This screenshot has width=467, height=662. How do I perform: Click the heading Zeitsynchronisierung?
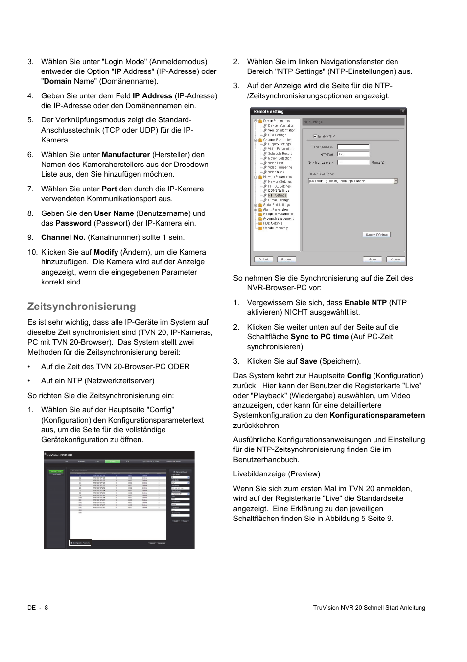click(81, 307)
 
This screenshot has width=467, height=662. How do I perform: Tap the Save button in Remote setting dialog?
click(373, 260)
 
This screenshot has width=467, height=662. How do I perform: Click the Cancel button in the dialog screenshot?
click(396, 260)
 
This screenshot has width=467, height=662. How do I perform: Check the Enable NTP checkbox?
click(315, 136)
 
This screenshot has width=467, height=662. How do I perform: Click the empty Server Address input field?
click(353, 147)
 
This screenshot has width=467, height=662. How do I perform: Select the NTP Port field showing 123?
click(353, 154)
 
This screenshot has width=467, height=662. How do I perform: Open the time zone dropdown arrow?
click(396, 181)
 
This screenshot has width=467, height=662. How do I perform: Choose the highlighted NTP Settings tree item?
click(277, 195)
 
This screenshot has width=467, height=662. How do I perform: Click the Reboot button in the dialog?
click(286, 260)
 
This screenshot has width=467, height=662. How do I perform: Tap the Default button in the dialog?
click(263, 260)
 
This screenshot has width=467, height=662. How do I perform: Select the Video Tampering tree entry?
click(280, 167)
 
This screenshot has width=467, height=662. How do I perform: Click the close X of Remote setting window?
click(403, 111)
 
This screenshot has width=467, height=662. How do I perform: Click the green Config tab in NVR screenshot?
click(113, 461)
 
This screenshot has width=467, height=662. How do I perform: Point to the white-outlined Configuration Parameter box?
click(80, 543)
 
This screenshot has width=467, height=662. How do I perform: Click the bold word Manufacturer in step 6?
click(126, 155)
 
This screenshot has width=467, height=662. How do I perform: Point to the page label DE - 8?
click(38, 608)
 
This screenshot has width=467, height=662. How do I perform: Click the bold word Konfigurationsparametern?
click(377, 415)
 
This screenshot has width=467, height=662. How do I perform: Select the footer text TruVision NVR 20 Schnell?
click(350, 608)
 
